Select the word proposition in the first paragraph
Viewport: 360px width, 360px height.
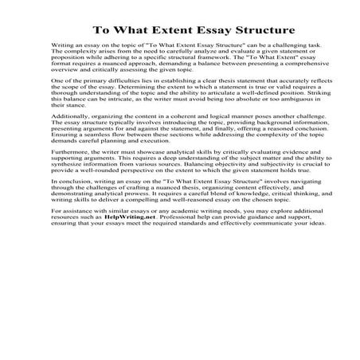67,72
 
